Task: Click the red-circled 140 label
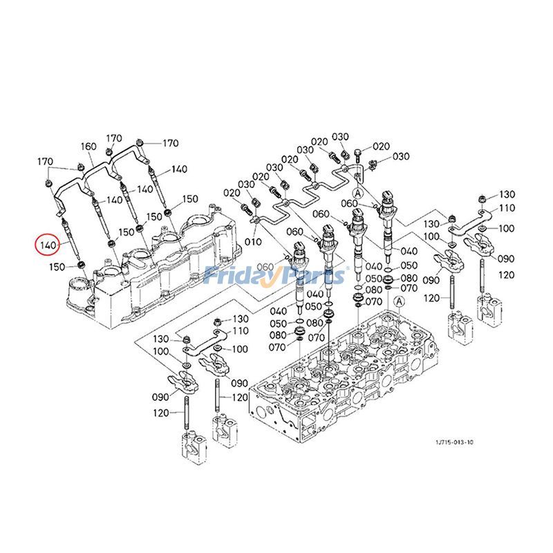[48, 245]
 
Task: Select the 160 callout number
[88, 147]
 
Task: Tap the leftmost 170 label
[46, 162]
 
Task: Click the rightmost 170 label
[170, 144]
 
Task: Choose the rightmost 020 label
[382, 147]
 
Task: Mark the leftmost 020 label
[231, 192]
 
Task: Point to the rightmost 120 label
[507, 275]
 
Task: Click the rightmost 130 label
[507, 194]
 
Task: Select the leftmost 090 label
[160, 397]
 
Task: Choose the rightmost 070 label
[409, 287]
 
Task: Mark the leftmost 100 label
[160, 353]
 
